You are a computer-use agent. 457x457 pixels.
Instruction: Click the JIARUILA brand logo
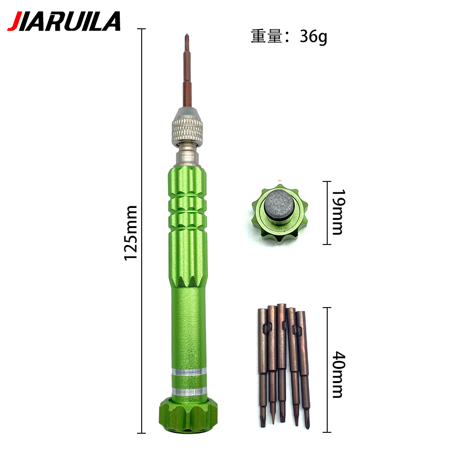[64, 21]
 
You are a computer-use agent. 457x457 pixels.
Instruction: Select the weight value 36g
[314, 37]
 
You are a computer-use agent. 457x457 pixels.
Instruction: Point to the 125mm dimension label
[131, 233]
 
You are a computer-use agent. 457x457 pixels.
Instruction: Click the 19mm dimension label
[337, 213]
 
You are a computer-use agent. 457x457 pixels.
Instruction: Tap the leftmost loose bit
[262, 366]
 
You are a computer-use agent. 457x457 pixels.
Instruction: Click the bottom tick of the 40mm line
[326, 432]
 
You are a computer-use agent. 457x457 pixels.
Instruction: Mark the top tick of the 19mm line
[326, 182]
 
